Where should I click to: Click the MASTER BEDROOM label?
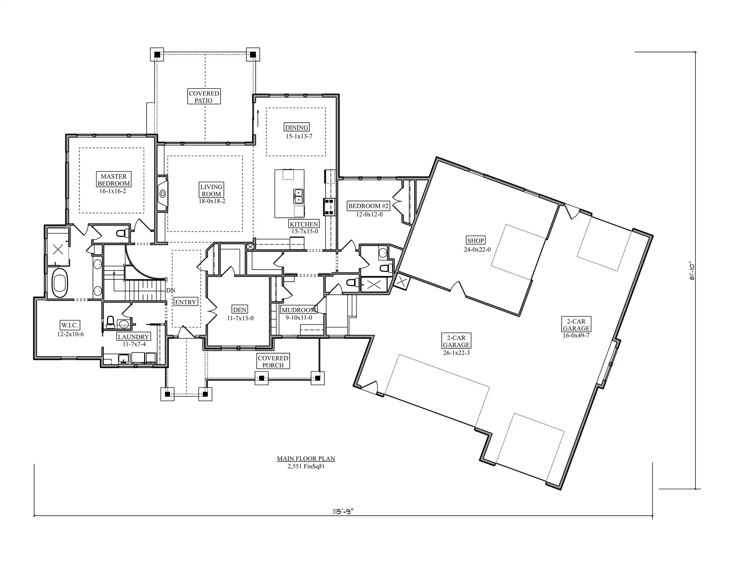(x=114, y=180)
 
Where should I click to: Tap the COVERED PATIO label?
(x=204, y=97)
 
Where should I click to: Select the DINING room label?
(x=297, y=127)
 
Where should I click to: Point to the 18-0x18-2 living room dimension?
(x=212, y=201)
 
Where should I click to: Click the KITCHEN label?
(x=304, y=224)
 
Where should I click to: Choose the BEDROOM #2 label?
(x=368, y=206)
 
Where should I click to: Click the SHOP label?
(x=476, y=240)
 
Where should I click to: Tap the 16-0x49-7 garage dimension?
(x=576, y=335)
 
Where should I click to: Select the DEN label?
(x=240, y=310)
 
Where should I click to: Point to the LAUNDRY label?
(x=133, y=337)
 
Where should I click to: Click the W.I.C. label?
(x=70, y=325)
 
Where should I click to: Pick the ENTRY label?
(x=185, y=302)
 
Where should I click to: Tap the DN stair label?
(x=171, y=290)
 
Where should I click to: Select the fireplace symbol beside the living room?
(x=163, y=193)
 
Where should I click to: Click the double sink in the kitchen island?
(x=298, y=196)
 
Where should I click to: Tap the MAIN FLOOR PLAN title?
(x=306, y=458)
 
